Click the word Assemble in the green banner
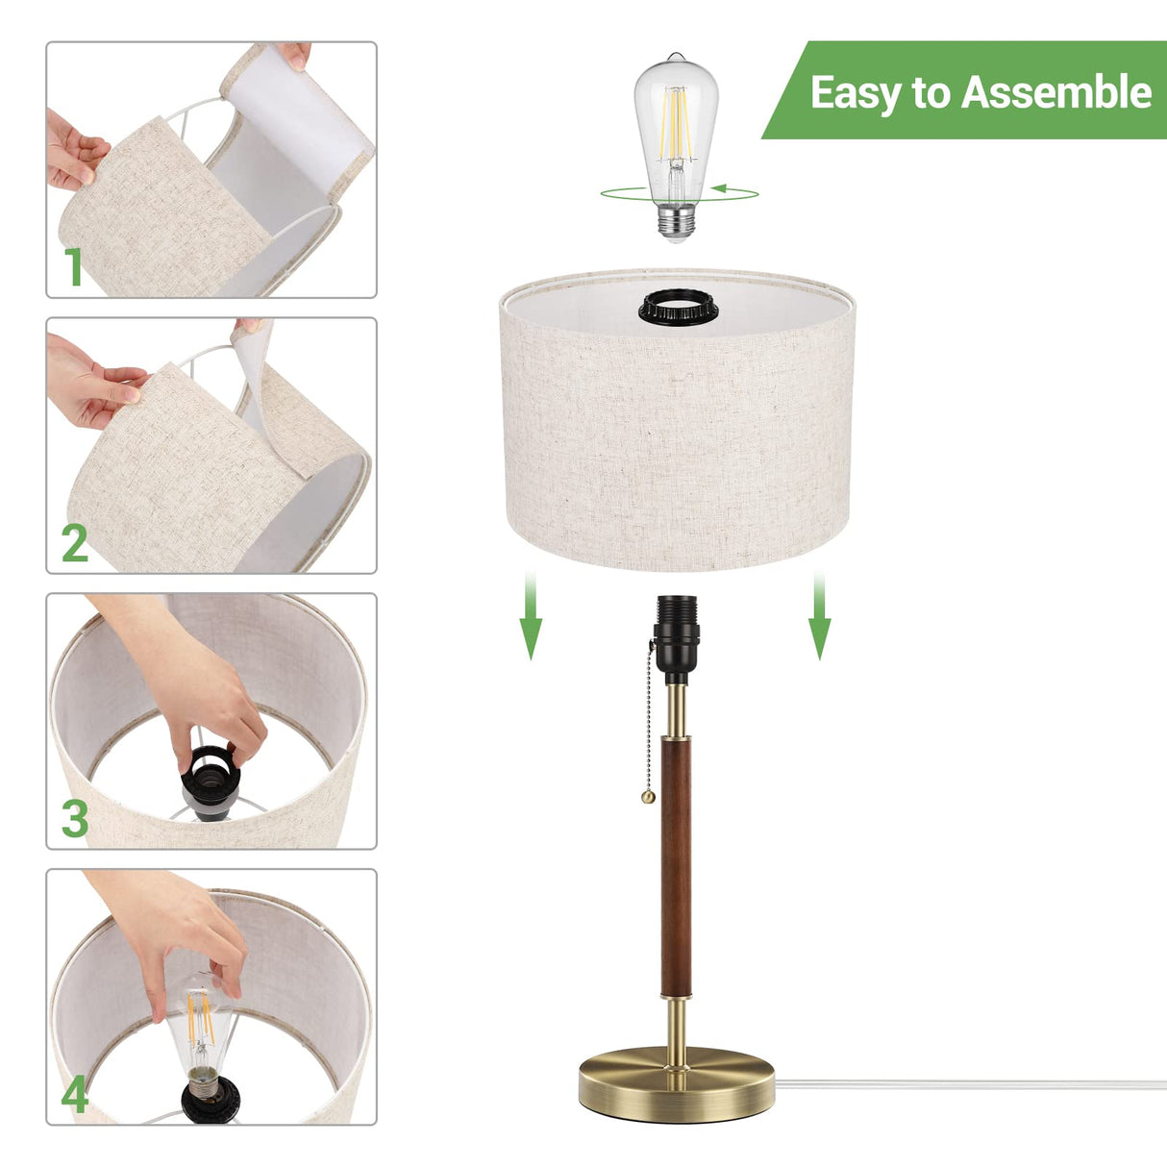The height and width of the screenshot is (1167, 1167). click(1055, 92)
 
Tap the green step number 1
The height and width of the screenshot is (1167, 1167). click(74, 266)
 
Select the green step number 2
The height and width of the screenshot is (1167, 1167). click(75, 543)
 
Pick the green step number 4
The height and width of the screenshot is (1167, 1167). click(75, 1094)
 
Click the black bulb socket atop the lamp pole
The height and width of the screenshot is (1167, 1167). click(677, 630)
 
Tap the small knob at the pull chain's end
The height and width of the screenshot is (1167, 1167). click(649, 797)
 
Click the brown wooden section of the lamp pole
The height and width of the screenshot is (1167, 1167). click(676, 865)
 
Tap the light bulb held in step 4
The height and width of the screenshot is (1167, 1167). click(201, 1033)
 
